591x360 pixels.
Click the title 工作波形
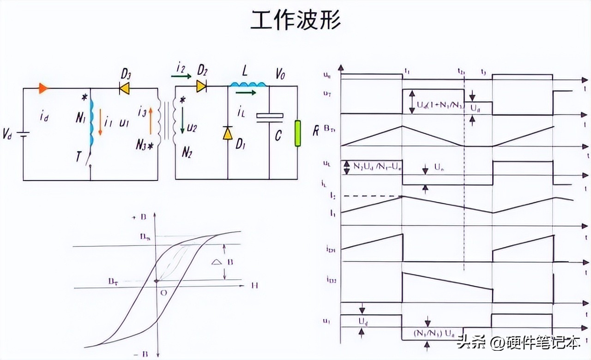(x=295, y=20)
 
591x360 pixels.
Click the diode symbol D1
(x=227, y=133)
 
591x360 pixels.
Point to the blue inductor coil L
(x=248, y=84)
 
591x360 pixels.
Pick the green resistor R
(x=298, y=133)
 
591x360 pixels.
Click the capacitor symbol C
(x=269, y=117)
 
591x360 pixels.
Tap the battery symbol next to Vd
(x=23, y=134)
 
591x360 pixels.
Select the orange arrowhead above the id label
(x=43, y=88)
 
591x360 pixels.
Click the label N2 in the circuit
(x=187, y=153)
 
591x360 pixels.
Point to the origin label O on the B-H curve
(x=164, y=293)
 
